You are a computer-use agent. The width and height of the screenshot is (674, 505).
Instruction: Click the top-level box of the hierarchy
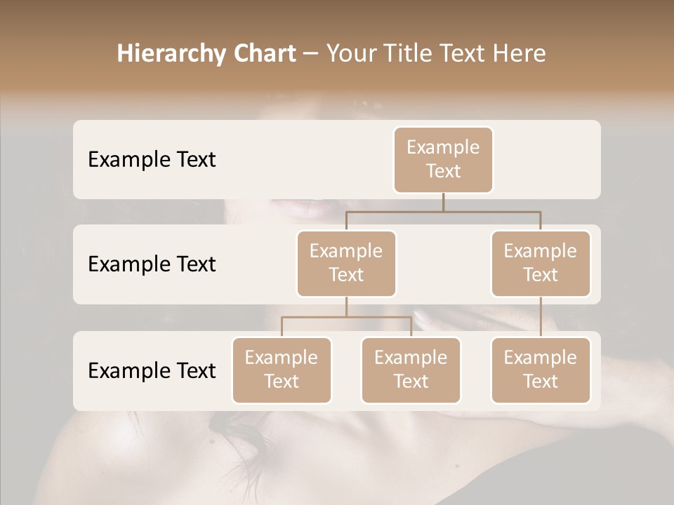point(443,159)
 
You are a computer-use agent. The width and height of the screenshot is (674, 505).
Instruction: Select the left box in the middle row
point(346,263)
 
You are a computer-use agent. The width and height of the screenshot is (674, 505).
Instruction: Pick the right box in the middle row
point(541,263)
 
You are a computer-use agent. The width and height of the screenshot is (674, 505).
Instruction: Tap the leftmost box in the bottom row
point(282,370)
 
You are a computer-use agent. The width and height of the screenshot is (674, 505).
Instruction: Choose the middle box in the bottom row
point(411,370)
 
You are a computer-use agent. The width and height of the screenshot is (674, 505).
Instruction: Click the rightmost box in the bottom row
point(541,370)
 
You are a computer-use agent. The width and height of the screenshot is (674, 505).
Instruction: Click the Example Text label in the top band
point(152,159)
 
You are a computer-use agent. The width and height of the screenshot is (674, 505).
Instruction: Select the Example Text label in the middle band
point(152,264)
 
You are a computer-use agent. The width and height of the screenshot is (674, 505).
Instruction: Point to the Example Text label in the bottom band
point(152,370)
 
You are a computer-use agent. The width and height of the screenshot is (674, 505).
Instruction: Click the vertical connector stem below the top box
point(443,202)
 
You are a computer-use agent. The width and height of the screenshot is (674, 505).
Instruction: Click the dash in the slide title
point(311,53)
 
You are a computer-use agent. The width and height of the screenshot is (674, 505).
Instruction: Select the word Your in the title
point(351,53)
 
